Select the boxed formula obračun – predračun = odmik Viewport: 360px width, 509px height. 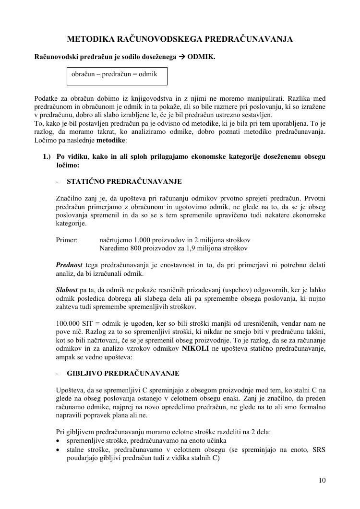tap(118, 75)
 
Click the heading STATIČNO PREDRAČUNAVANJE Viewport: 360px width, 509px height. tap(124, 181)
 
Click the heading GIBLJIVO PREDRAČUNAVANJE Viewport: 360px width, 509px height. tap(123, 373)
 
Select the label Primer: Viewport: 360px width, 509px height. tap(67, 240)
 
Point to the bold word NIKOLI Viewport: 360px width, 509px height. tap(195, 348)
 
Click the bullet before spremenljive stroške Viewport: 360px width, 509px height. tap(58, 441)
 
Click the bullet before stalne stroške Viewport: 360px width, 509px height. tap(58, 450)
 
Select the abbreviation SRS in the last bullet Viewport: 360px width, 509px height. tap(319, 450)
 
